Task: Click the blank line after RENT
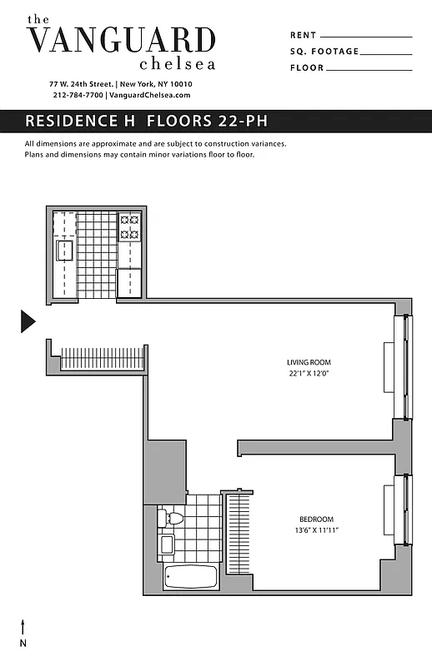[365, 37]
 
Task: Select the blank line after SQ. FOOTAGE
[386, 53]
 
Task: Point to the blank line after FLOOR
[367, 69]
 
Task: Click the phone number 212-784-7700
[77, 96]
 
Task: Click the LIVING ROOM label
[309, 362]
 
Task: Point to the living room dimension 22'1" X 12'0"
[309, 374]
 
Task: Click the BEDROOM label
[317, 519]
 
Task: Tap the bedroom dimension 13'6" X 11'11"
[315, 530]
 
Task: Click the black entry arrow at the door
[28, 321]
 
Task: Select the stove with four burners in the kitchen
[129, 227]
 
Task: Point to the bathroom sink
[168, 544]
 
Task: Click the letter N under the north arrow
[23, 643]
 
